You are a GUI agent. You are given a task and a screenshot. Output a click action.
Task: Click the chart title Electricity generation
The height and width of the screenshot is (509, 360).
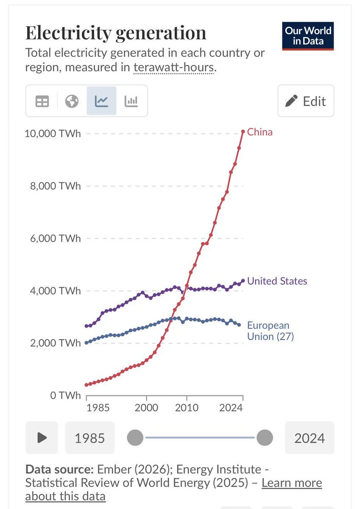(116, 33)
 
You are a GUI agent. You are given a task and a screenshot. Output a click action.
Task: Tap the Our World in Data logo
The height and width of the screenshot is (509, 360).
(308, 36)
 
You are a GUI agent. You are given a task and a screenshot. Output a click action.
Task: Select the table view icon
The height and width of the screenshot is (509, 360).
(42, 101)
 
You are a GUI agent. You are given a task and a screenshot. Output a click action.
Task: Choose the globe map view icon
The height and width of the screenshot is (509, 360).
(72, 101)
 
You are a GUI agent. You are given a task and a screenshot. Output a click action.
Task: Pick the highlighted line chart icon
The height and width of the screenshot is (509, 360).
(101, 101)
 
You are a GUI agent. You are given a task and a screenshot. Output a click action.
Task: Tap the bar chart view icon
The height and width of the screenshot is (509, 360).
(131, 101)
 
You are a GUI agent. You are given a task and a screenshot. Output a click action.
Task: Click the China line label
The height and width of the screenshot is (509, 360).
(260, 132)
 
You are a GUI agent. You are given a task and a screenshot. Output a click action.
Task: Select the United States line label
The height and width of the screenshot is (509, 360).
(277, 281)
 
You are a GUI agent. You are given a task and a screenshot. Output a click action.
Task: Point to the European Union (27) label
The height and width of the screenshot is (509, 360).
(270, 331)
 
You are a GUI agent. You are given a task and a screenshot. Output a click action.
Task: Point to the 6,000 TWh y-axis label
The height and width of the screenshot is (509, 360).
(55, 238)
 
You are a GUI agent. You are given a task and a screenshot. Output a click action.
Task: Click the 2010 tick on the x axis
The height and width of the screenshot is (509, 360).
(187, 408)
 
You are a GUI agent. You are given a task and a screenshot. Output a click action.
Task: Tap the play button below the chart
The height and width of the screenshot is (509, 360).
(42, 437)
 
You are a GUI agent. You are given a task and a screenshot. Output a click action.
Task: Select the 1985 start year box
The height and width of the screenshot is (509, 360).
(89, 438)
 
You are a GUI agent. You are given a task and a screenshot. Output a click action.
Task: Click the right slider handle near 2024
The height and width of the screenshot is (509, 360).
(265, 437)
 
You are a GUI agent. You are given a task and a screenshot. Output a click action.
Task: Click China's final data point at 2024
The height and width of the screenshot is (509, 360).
(243, 131)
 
